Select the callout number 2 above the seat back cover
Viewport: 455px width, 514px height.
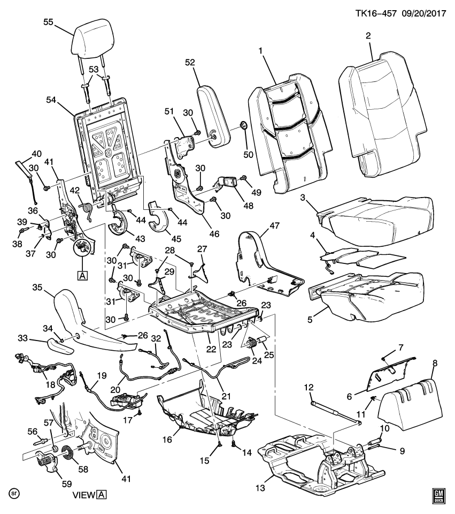pos(368,36)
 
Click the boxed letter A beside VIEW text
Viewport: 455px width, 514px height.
pos(102,495)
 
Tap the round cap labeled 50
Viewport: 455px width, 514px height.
pos(244,126)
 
